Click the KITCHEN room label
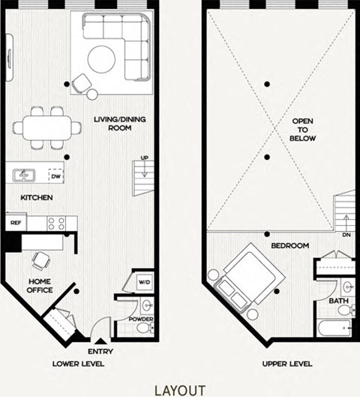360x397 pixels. pyautogui.click(x=35, y=197)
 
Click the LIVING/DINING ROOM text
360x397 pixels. pyautogui.click(x=113, y=124)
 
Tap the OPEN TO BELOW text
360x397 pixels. pyautogui.click(x=303, y=130)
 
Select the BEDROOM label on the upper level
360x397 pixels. pyautogui.click(x=290, y=245)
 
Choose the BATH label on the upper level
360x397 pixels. pyautogui.click(x=338, y=302)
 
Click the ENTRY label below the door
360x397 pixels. pyautogui.click(x=100, y=351)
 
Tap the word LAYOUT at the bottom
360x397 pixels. pyautogui.click(x=180, y=389)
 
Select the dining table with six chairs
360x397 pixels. pyautogui.click(x=46, y=125)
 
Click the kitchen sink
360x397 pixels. pyautogui.click(x=24, y=176)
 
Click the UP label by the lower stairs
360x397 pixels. pyautogui.click(x=143, y=158)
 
